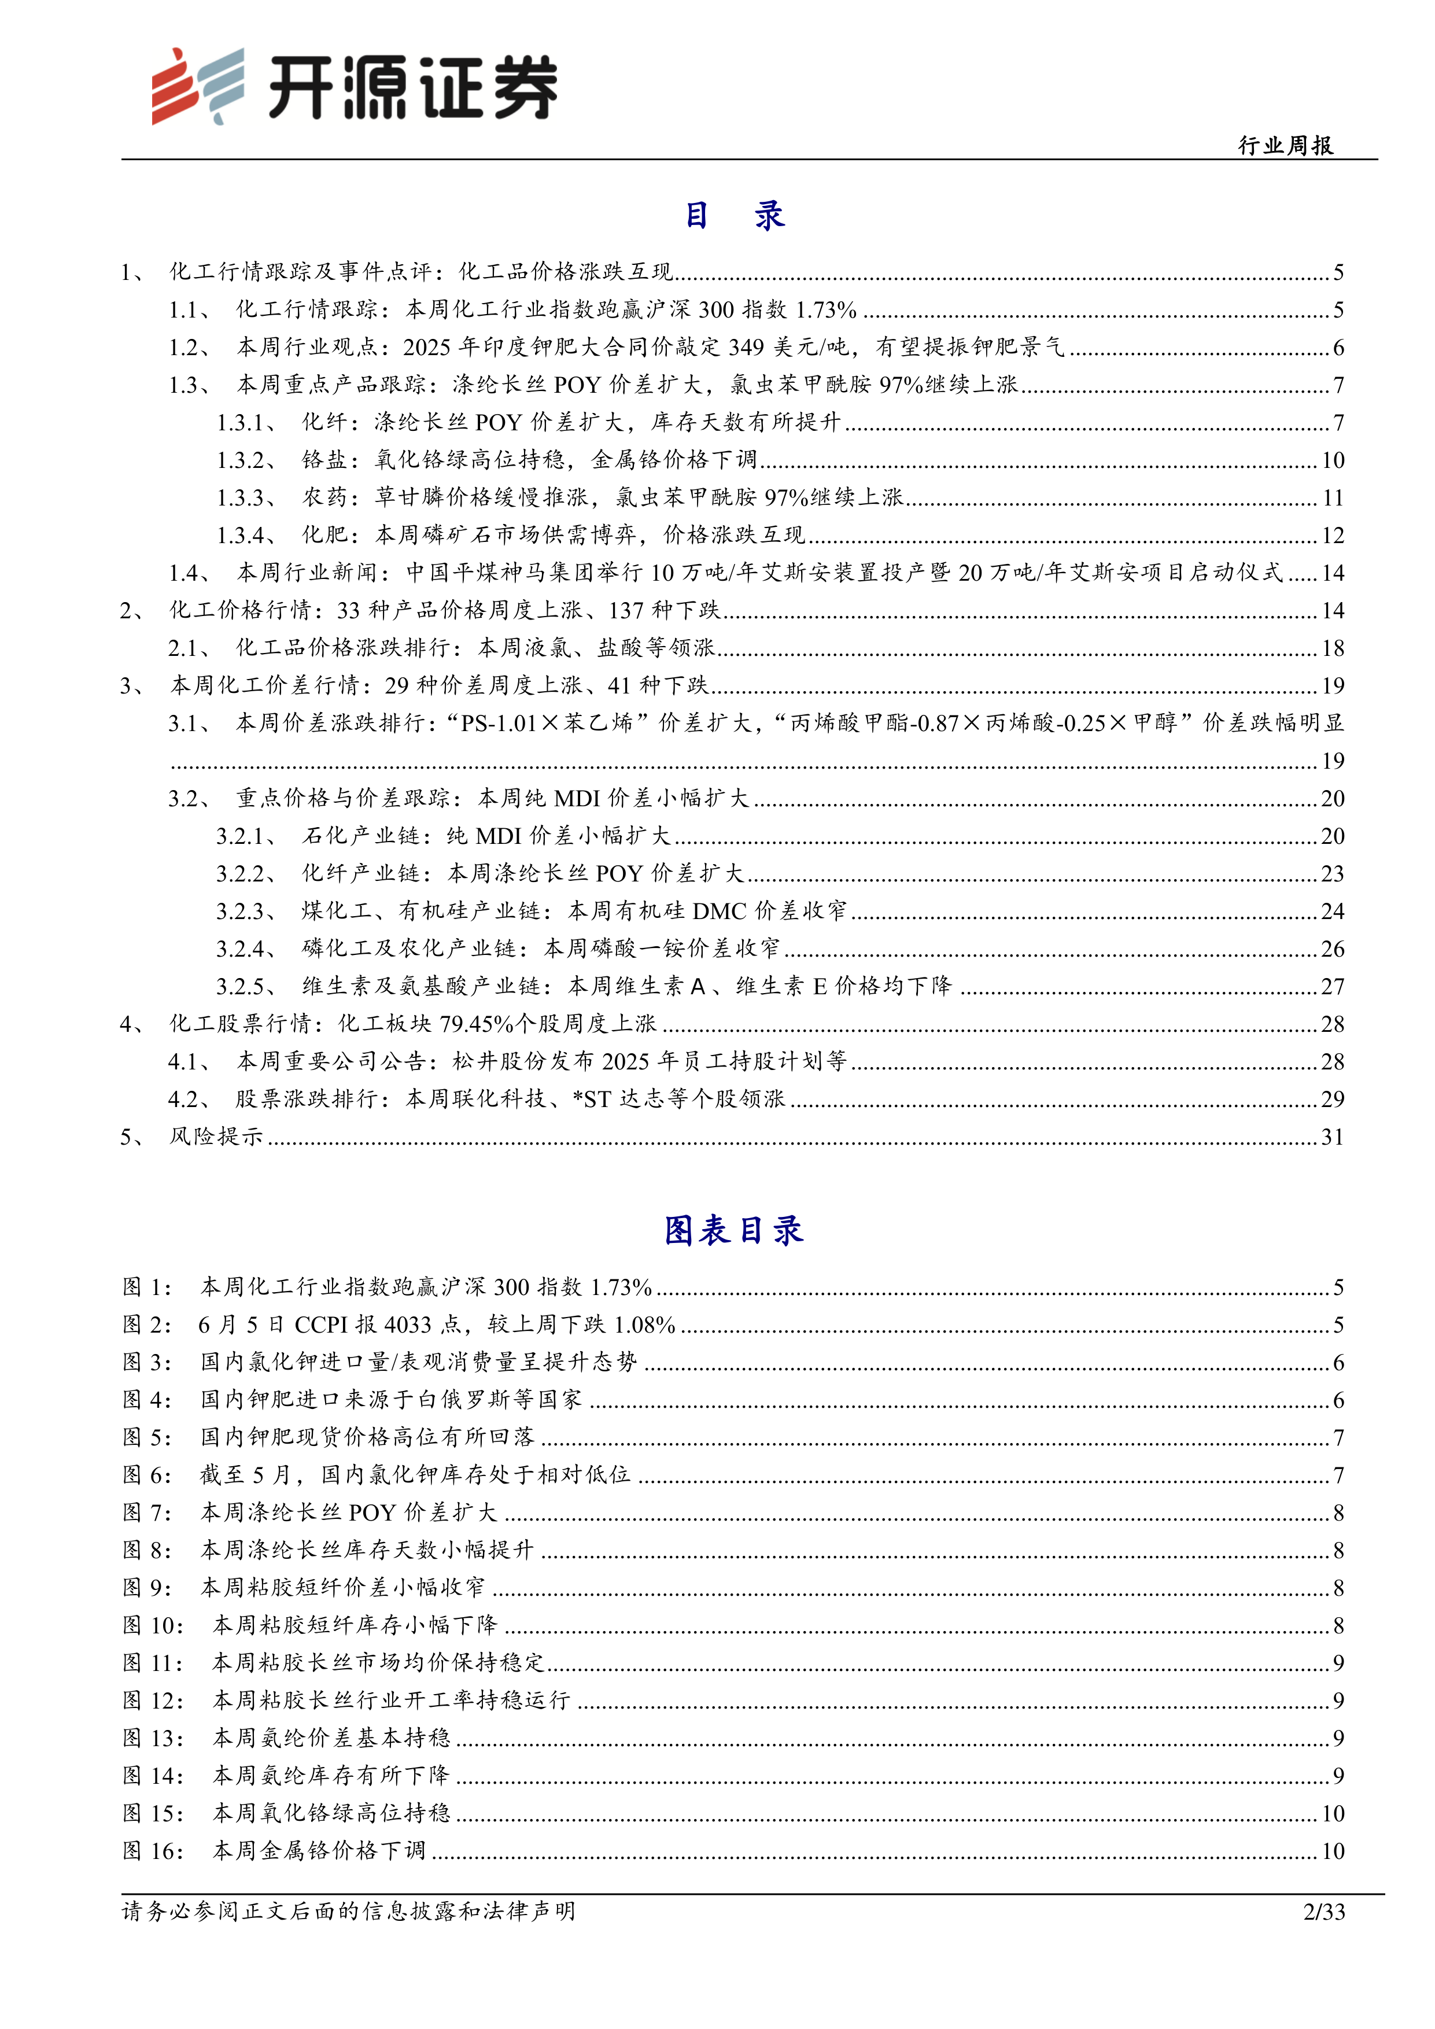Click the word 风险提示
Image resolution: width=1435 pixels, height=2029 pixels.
[x=216, y=1137]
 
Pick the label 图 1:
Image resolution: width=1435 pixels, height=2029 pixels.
[x=147, y=1287]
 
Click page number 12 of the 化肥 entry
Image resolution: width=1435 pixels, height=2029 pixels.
[x=1333, y=536]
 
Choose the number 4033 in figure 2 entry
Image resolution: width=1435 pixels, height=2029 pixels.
[x=407, y=1325]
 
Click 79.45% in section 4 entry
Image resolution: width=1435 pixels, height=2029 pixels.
[x=476, y=1023]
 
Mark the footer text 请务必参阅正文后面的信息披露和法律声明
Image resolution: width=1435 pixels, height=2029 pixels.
[x=348, y=1912]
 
